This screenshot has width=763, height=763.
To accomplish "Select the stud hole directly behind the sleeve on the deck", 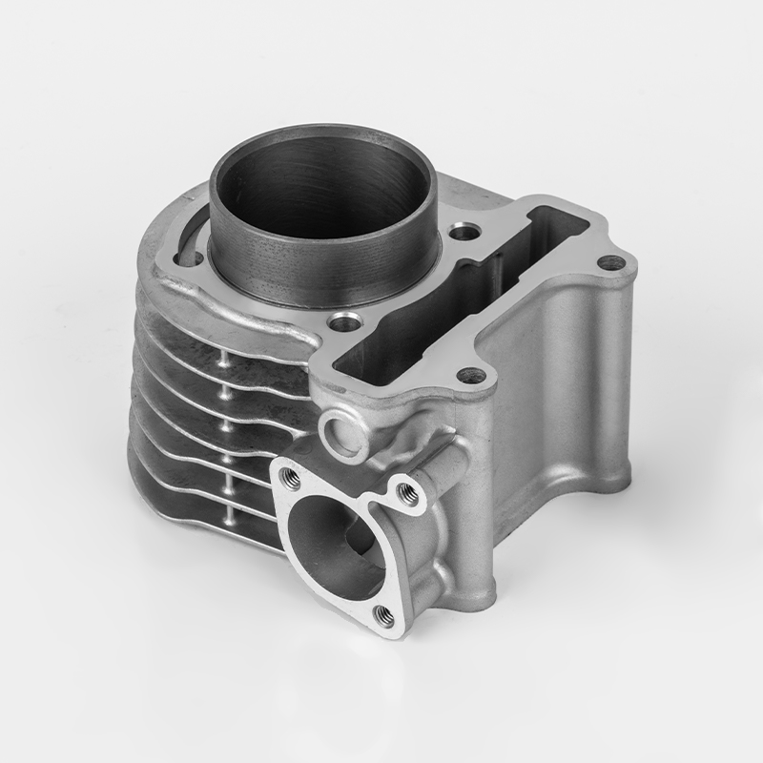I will [464, 232].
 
